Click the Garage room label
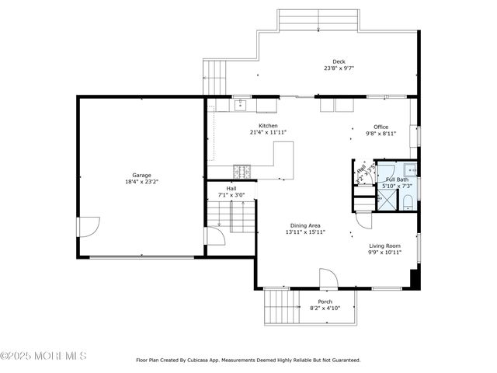141,175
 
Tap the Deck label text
339,61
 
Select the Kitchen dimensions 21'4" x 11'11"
268,133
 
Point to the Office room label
381,127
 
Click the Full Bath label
396,180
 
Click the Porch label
325,302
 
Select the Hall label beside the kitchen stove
231,188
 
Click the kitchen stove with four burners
242,170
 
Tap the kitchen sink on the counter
241,103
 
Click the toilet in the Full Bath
408,203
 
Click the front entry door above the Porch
328,278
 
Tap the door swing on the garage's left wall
88,227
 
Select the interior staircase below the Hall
231,215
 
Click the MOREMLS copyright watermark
43,356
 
